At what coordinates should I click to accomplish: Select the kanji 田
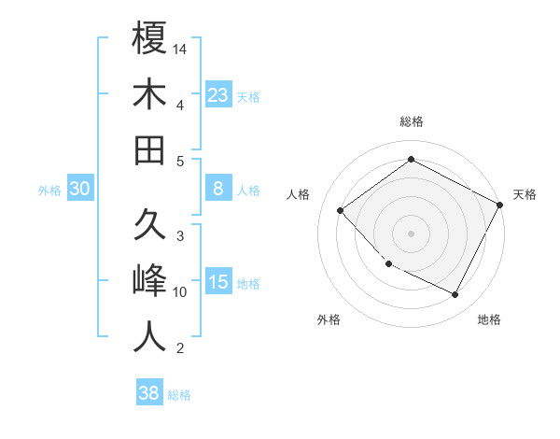point(149,149)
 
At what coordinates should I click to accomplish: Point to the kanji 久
point(149,226)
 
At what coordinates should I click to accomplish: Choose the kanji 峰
point(149,281)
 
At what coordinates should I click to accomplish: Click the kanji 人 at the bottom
point(149,337)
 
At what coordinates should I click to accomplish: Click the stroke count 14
point(181,48)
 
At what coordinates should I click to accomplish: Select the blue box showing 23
point(218,94)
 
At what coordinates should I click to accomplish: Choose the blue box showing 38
point(149,393)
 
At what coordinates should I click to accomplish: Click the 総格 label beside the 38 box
point(179,395)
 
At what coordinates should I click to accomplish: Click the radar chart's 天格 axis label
point(525,194)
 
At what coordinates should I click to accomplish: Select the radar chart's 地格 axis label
point(489,319)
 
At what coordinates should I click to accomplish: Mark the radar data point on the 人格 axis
point(341,211)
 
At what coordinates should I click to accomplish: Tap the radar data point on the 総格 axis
point(411,159)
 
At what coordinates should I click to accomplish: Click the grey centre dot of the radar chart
point(411,233)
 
